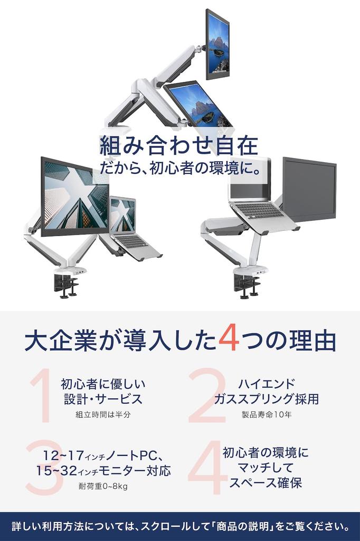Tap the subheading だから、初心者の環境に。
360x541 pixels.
[x=180, y=170]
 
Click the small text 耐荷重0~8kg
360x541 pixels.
[x=103, y=486]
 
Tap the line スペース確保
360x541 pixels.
[x=266, y=483]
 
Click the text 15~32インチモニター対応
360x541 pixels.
[x=103, y=470]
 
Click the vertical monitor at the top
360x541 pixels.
[x=217, y=44]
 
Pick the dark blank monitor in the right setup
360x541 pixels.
[x=309, y=189]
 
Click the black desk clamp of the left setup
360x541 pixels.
[x=65, y=286]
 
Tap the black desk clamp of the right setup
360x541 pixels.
[x=247, y=286]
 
